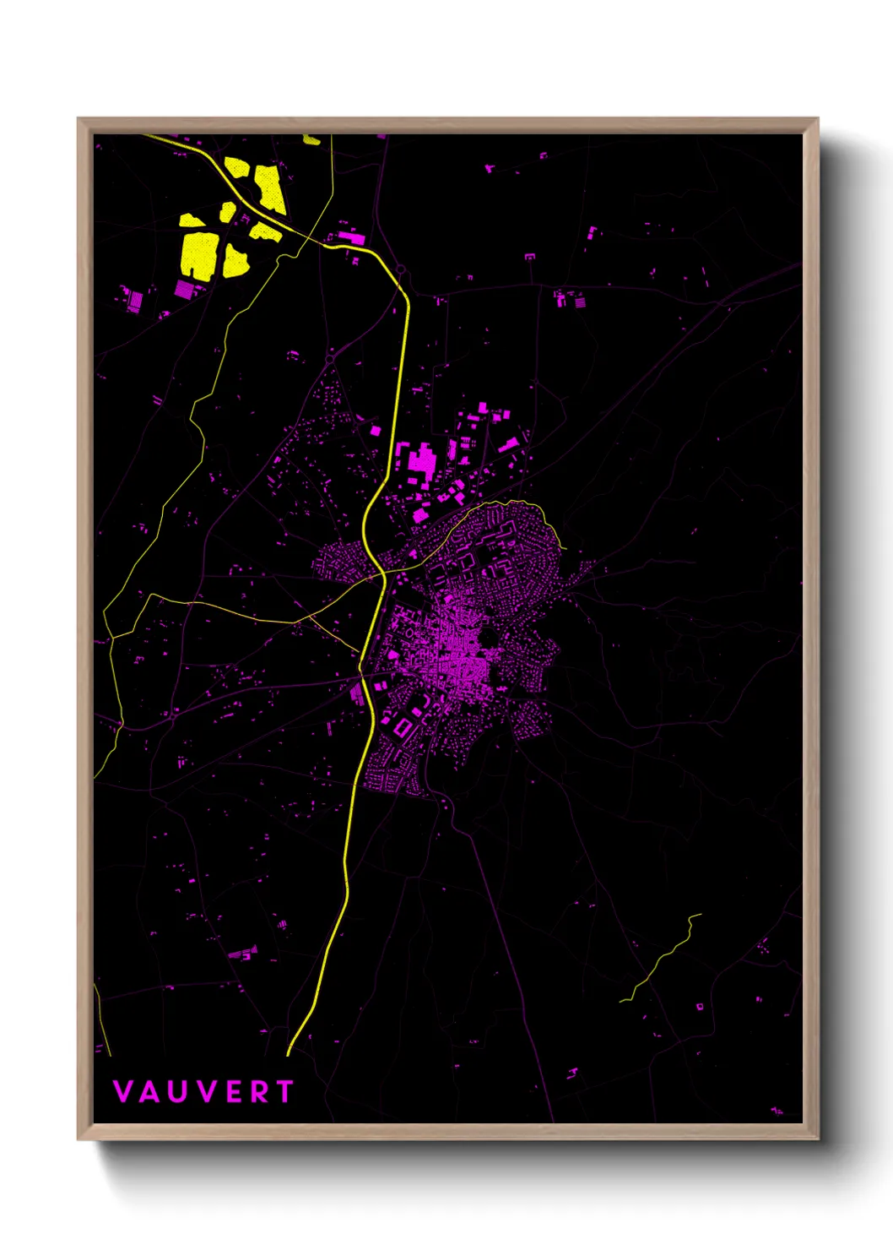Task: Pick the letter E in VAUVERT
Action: click(234, 1091)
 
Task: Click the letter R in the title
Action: click(258, 1091)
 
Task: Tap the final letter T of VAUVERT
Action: click(284, 1091)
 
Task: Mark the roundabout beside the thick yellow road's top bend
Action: click(401, 270)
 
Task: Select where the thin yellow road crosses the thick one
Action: click(382, 574)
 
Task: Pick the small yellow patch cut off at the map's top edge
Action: click(312, 139)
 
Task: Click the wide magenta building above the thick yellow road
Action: click(351, 236)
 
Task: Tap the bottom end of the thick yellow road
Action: click(289, 1053)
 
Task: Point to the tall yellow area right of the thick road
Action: click(270, 187)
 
